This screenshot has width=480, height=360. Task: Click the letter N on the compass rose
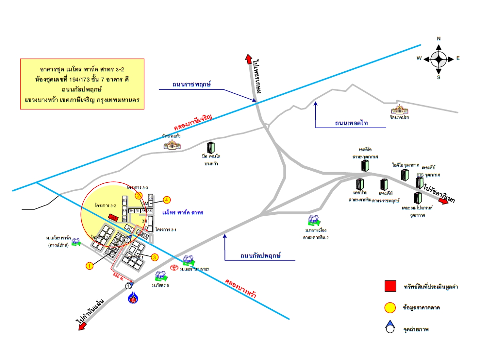pyautogui.click(x=439, y=39)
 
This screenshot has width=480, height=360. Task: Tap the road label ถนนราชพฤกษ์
pyautogui.click(x=191, y=84)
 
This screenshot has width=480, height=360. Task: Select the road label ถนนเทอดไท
pyautogui.click(x=351, y=123)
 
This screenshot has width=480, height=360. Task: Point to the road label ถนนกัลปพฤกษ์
pyautogui.click(x=260, y=256)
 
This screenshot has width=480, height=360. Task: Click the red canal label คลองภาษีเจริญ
pyautogui.click(x=193, y=123)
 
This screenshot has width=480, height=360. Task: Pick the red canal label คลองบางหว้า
pyautogui.click(x=240, y=288)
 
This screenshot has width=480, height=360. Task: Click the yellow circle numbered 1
pyautogui.click(x=89, y=266)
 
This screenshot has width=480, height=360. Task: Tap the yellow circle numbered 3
pyautogui.click(x=154, y=257)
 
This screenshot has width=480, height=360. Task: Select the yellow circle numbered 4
pyautogui.click(x=167, y=200)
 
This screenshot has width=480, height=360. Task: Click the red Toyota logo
pyautogui.click(x=174, y=267)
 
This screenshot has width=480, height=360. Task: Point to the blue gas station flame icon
pyautogui.click(x=133, y=297)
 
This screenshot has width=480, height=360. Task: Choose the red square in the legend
pyautogui.click(x=390, y=286)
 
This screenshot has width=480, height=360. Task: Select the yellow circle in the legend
pyautogui.click(x=390, y=308)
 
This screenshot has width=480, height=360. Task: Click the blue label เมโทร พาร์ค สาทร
pyautogui.click(x=183, y=212)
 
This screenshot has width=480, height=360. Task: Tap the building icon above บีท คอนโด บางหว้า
pyautogui.click(x=211, y=147)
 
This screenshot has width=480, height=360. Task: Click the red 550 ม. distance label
pyautogui.click(x=118, y=276)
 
